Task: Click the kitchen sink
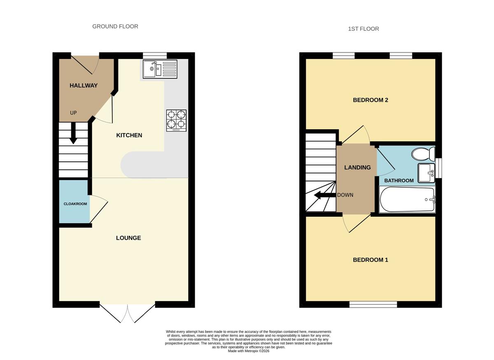tap(160, 69)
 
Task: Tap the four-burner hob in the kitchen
tap(176, 121)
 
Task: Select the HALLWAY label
tap(84, 85)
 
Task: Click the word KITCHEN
tap(129, 135)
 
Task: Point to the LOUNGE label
tap(128, 238)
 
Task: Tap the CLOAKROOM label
tap(75, 204)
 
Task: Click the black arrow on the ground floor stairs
tap(73, 133)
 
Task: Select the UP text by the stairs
tap(73, 113)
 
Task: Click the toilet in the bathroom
tap(424, 154)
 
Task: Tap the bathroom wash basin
tap(426, 173)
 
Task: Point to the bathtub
tap(407, 199)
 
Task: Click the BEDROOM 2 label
tap(370, 100)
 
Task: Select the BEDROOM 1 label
tap(370, 260)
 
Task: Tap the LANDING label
tap(357, 167)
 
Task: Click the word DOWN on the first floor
tap(345, 195)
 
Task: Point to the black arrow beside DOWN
tap(325, 195)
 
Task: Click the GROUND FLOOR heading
tap(115, 26)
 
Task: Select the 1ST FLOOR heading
tap(364, 29)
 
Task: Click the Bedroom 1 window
tap(373, 304)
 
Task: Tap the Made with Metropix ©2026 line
tap(249, 351)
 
